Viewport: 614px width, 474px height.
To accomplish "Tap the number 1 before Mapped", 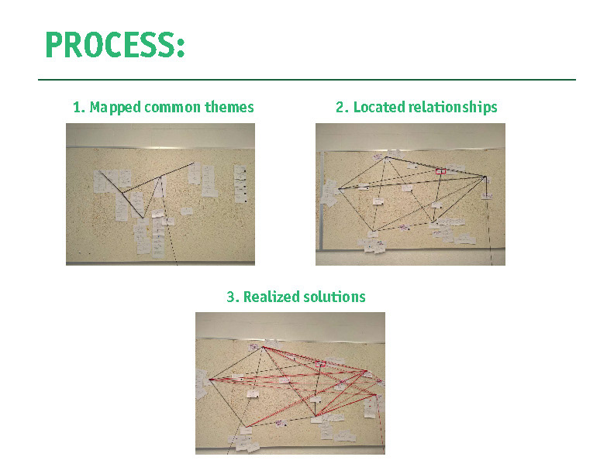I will point(76,108).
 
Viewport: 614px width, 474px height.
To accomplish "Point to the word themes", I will point(229,108).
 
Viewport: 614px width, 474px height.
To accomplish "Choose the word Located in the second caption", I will point(376,108).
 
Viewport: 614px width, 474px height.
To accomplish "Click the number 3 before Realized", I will point(230,297).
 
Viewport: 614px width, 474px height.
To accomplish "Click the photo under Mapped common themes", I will point(160,194).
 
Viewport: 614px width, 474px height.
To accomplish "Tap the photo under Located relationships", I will point(410,194).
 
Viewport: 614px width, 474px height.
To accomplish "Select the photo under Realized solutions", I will point(290,383).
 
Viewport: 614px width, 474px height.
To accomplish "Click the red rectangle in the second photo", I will point(440,171).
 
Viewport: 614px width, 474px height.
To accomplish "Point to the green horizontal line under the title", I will point(307,80).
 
